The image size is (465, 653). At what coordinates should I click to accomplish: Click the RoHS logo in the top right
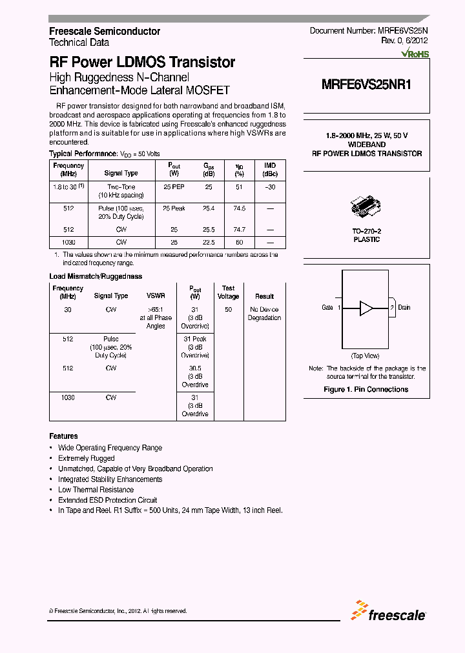[415, 54]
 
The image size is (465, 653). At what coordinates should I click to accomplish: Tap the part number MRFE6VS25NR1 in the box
[366, 84]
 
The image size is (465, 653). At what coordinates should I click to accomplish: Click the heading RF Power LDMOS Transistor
[142, 63]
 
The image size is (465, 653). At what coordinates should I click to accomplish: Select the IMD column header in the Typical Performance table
[269, 170]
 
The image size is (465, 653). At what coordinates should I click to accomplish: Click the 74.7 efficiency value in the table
[239, 229]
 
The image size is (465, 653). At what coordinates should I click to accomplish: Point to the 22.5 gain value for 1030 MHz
[209, 242]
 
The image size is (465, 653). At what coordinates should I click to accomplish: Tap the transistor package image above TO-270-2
[366, 205]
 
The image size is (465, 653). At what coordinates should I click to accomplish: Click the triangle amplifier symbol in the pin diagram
[366, 308]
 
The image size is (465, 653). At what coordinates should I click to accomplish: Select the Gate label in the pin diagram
[327, 308]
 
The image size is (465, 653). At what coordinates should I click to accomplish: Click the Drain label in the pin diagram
[404, 308]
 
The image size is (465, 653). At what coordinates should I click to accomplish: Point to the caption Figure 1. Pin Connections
[366, 389]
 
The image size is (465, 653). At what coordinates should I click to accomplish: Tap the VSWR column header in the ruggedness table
[156, 296]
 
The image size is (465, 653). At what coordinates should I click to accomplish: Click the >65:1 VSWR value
[156, 310]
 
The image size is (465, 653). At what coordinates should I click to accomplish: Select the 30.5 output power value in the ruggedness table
[194, 368]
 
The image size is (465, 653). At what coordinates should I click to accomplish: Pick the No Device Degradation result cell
[264, 314]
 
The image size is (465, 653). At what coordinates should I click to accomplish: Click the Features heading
[63, 436]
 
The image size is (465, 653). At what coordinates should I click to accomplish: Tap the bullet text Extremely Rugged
[86, 458]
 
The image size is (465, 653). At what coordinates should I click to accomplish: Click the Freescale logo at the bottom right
[389, 611]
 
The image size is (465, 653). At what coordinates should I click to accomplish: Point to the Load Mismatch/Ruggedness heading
[96, 276]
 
